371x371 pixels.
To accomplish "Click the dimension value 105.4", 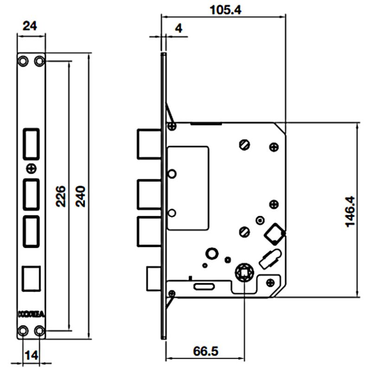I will click(x=225, y=9).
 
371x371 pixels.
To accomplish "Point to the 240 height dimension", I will click(x=80, y=197).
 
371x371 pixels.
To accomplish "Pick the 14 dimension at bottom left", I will click(x=32, y=356).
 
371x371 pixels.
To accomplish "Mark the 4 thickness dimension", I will click(x=179, y=28).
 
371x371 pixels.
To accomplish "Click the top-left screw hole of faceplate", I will click(x=22, y=60).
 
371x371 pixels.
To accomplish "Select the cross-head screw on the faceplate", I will click(x=31, y=167).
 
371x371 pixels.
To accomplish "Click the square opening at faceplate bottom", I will click(x=31, y=278).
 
